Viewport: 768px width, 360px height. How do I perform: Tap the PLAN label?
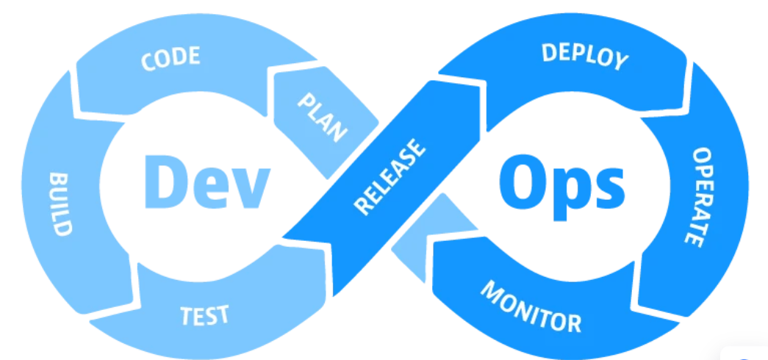tap(322, 118)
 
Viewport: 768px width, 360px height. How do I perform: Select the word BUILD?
tap(61, 204)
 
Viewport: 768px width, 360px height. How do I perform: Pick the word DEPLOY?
tap(585, 56)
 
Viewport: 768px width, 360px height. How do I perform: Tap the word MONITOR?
tap(531, 306)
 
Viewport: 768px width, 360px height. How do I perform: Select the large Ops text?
tap(562, 181)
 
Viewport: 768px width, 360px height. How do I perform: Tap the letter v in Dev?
tap(247, 185)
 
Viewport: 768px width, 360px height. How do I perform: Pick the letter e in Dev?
tap(208, 185)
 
